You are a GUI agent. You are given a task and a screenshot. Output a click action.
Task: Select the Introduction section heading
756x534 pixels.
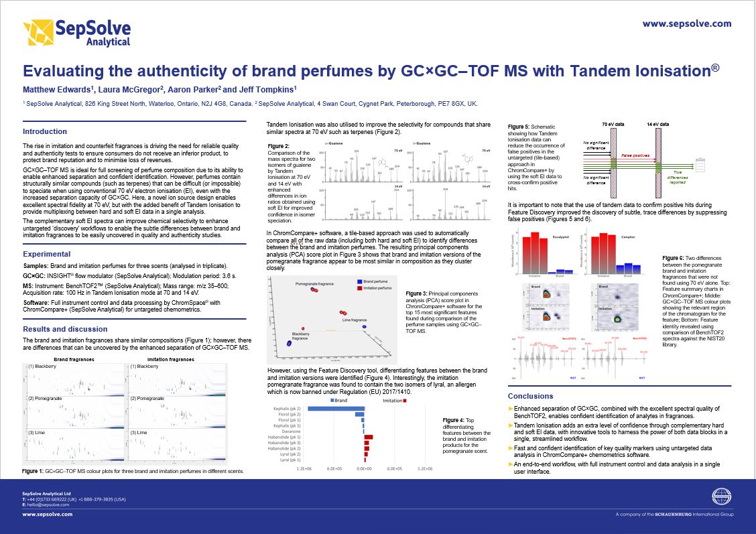(45, 131)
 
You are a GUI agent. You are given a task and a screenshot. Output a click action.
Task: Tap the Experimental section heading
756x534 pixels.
(47, 255)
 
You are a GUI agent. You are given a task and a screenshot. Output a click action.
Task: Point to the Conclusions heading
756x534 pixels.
(531, 396)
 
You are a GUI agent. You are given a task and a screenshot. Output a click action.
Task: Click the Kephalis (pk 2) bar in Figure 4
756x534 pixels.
(335, 408)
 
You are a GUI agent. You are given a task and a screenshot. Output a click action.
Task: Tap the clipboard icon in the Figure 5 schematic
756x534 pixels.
(702, 162)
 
